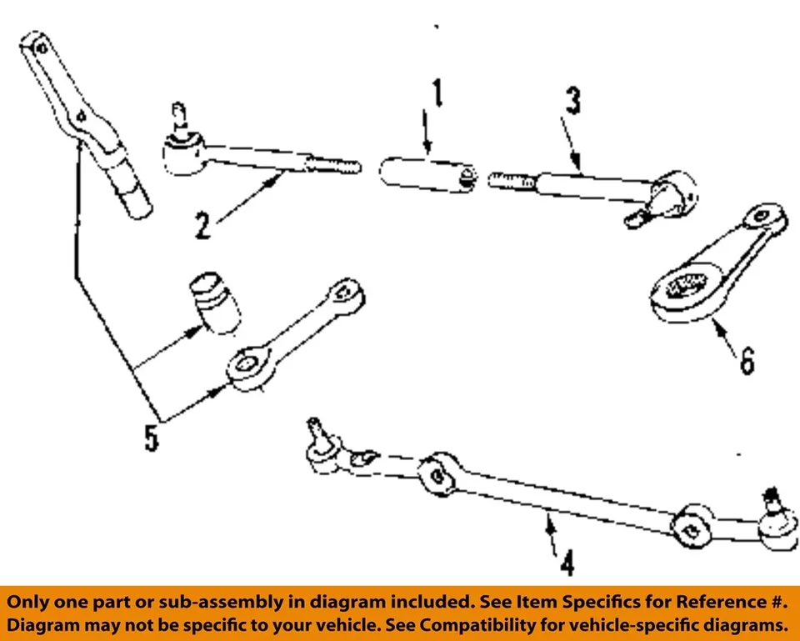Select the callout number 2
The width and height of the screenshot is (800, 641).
pyautogui.click(x=203, y=225)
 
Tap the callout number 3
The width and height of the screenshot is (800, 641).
pyautogui.click(x=573, y=102)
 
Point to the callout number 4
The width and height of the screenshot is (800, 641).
pyautogui.click(x=566, y=564)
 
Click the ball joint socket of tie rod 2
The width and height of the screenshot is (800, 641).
pyautogui.click(x=181, y=153)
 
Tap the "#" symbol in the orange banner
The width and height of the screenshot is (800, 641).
pyautogui.click(x=781, y=602)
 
